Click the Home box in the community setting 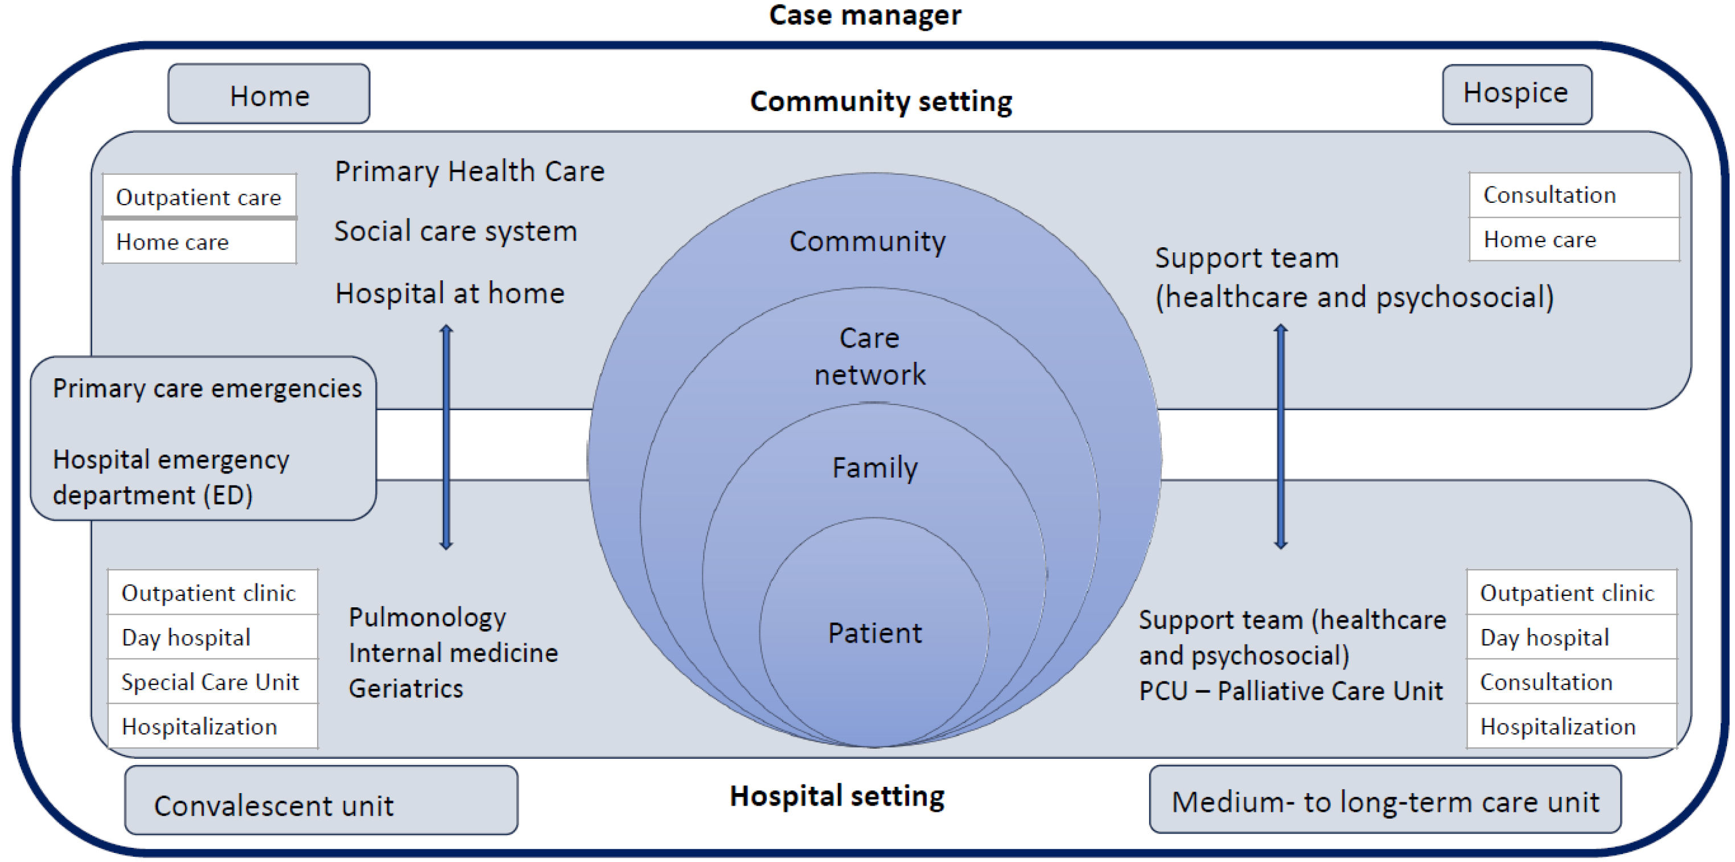pyautogui.click(x=269, y=95)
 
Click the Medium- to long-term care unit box pyautogui.click(x=1385, y=800)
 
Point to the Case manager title pyautogui.click(x=865, y=15)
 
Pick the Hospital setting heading pyautogui.click(x=837, y=795)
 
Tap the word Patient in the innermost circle pyautogui.click(x=874, y=633)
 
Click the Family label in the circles pyautogui.click(x=874, y=468)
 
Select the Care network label pyautogui.click(x=870, y=357)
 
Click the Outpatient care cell pyautogui.click(x=199, y=197)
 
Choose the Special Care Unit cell pyautogui.click(x=210, y=682)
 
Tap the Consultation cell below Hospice pyautogui.click(x=1549, y=195)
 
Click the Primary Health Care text pyautogui.click(x=470, y=171)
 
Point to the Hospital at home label pyautogui.click(x=450, y=293)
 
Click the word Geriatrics pyautogui.click(x=405, y=689)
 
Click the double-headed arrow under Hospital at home pyautogui.click(x=446, y=438)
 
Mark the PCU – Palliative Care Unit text pyautogui.click(x=1290, y=691)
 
